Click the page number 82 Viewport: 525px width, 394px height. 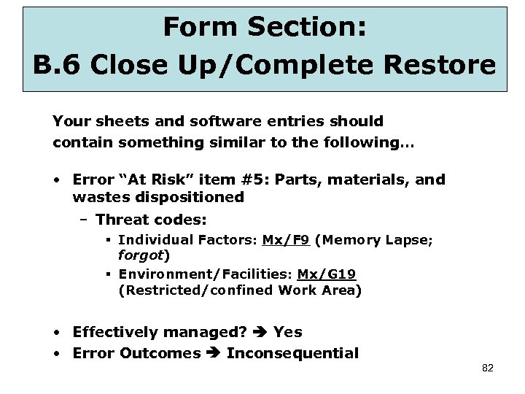pos(488,368)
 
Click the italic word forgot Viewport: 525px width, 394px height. pos(141,255)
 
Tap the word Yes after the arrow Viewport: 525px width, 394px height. pos(287,332)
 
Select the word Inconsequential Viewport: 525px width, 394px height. pos(292,354)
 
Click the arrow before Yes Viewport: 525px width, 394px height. pos(260,333)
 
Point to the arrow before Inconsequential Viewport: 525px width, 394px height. pos(214,354)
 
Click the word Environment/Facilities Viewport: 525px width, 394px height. pos(203,274)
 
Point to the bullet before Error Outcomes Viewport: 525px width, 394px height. pos(58,354)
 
